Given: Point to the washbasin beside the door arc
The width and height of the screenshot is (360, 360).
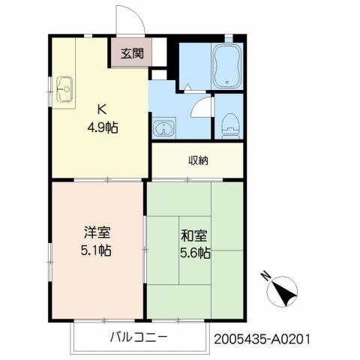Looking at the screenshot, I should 161,127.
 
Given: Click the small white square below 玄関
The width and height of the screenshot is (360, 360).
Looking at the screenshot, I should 158,73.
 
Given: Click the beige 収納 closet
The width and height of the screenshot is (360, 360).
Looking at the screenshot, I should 198,159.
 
